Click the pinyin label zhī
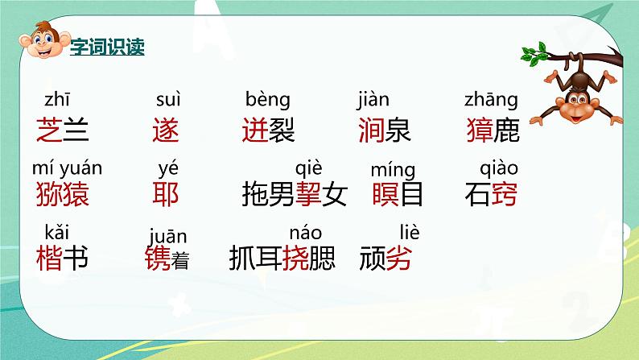tap(56, 100)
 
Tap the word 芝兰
tap(62, 130)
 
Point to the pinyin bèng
tap(267, 101)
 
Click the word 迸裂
tap(268, 130)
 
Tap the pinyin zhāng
tap(491, 101)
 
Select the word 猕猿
tap(62, 194)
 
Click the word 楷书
tap(62, 259)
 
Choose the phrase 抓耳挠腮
tap(282, 259)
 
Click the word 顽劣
tap(385, 259)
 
